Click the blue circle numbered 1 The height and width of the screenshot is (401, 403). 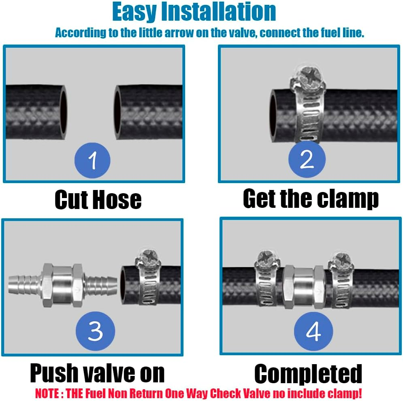pos(92,160)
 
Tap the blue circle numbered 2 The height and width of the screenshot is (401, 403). pos(307,159)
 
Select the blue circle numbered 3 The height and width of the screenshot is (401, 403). pos(95,331)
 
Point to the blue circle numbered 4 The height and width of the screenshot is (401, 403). pos(313,331)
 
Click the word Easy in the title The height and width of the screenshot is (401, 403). pos(134,12)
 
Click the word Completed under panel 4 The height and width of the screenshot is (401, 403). pos(308,374)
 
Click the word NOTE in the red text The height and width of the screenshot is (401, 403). pos(47,394)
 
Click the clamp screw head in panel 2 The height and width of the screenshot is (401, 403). pos(307,76)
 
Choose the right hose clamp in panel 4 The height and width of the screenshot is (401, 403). pos(341,280)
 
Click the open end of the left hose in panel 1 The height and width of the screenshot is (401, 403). pos(63,113)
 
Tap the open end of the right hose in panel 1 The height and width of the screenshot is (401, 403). pos(118,113)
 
